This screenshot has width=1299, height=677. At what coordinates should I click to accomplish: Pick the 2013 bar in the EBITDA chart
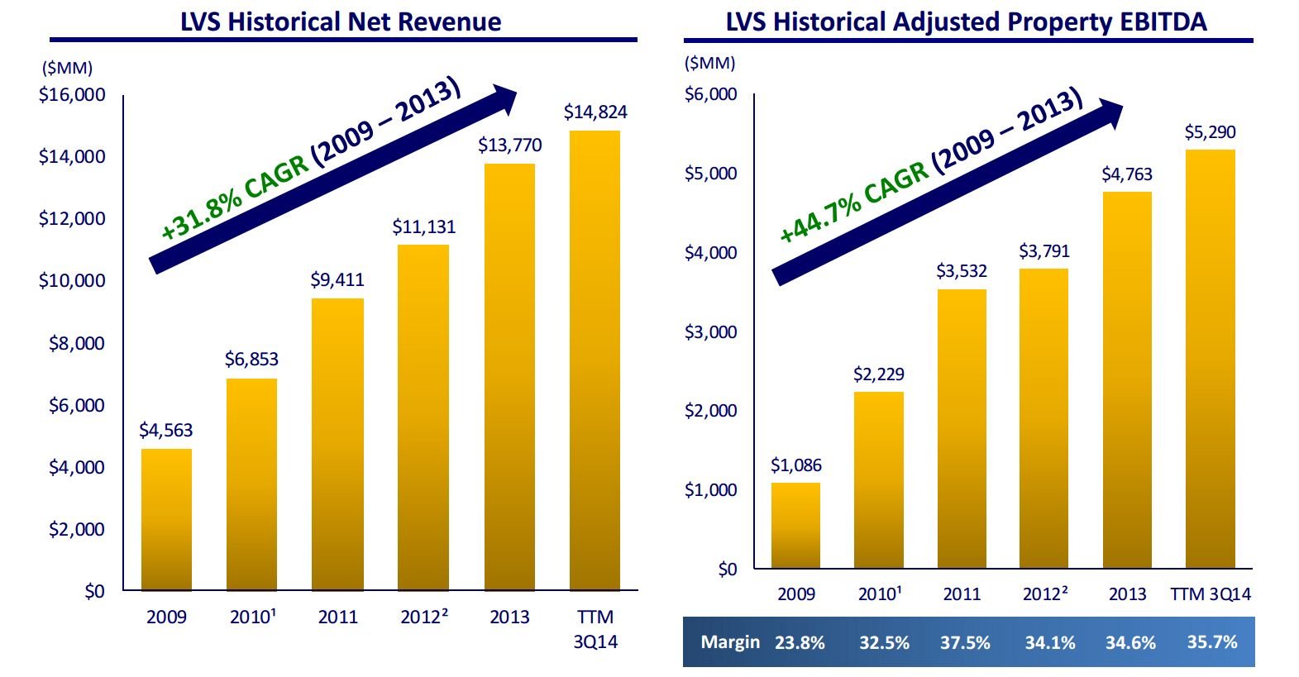1127,379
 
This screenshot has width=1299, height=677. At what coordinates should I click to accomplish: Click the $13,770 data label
510,145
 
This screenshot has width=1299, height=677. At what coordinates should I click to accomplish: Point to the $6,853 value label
251,360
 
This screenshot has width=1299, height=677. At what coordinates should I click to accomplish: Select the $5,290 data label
1210,132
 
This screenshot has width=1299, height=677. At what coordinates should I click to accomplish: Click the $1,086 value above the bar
796,465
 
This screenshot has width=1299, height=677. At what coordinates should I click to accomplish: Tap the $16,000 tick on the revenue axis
72,95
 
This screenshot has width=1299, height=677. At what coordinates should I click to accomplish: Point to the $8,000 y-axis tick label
77,343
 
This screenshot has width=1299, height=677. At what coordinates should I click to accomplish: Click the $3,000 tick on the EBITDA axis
710,332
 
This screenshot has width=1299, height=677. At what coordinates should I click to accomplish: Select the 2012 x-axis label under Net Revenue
423,617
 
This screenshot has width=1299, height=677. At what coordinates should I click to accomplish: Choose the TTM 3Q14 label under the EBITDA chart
1211,594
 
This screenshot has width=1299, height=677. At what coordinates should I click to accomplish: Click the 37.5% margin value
965,642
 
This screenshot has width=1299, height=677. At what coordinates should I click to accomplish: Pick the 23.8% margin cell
800,642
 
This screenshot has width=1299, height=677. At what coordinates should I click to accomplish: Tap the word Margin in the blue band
730,642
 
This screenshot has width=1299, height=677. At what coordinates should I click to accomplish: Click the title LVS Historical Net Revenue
341,21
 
